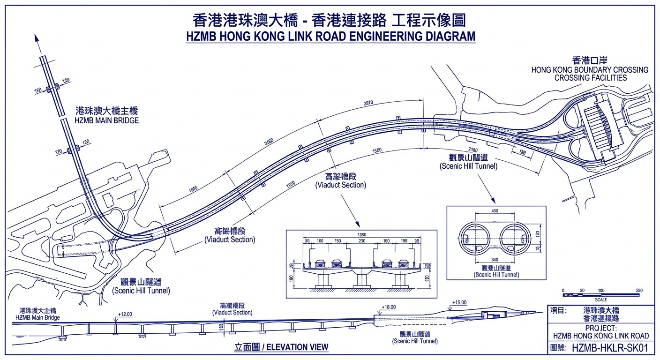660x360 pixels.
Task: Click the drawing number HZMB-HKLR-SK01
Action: pos(609,348)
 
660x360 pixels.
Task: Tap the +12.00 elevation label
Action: pos(125,314)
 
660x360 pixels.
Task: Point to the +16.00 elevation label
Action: pos(389,307)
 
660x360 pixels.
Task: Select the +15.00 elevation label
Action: pos(459,303)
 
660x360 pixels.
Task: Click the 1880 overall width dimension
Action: pos(361,234)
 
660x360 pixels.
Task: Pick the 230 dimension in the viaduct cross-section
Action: pos(361,241)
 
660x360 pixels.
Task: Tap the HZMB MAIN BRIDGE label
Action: pos(106,120)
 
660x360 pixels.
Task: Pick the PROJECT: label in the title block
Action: pos(601,328)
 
